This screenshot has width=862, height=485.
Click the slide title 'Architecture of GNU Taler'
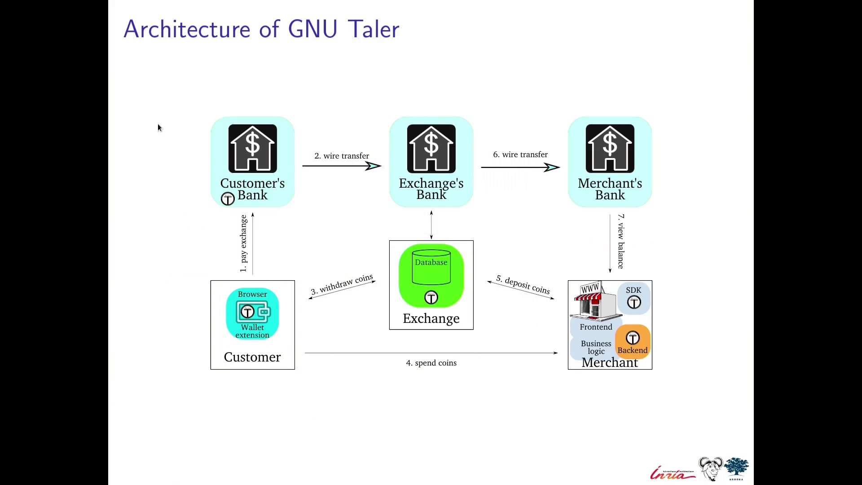click(261, 30)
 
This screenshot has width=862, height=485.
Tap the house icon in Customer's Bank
click(253, 149)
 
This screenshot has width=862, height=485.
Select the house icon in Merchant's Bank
click(610, 149)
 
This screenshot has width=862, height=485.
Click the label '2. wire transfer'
click(342, 156)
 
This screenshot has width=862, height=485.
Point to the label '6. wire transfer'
click(520, 154)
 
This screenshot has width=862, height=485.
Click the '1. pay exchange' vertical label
click(243, 243)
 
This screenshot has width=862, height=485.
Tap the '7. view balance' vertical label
click(621, 242)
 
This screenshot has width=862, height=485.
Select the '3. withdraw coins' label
click(342, 284)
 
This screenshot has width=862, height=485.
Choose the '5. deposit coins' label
click(523, 285)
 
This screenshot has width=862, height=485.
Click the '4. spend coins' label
click(431, 363)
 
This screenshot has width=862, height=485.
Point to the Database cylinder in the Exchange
click(431, 267)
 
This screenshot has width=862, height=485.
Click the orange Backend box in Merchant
click(633, 342)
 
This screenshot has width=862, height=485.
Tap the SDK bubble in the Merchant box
click(634, 298)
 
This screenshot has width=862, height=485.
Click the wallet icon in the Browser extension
click(253, 312)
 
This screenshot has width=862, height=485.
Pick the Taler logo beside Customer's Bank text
click(228, 198)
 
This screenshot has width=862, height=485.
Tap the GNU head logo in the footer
click(711, 469)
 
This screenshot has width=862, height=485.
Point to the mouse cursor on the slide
click(159, 128)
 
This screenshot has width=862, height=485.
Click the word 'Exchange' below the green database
click(431, 318)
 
